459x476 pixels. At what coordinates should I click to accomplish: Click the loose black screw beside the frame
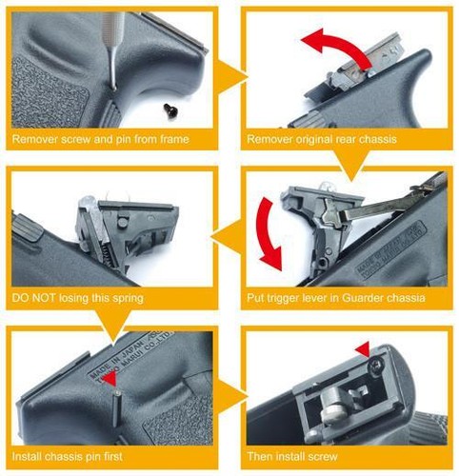170,110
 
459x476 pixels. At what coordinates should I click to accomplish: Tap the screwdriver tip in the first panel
113,88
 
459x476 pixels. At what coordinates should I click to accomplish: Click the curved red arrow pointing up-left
336,48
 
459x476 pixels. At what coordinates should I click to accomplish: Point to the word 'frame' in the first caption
173,139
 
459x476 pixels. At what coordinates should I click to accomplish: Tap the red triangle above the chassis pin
111,379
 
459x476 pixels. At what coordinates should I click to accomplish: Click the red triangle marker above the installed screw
363,350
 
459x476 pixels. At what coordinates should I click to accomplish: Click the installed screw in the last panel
375,368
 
